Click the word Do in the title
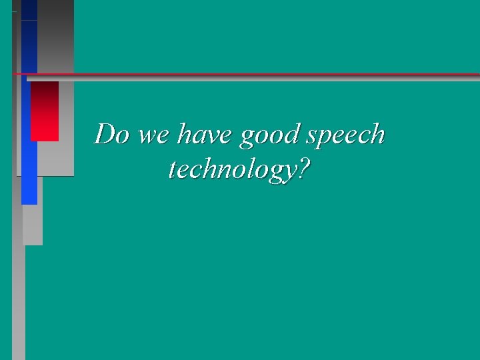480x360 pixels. pos(111,135)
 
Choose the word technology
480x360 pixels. pos(231,171)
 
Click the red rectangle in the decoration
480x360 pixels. pos(45,111)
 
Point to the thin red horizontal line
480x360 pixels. pos(267,73)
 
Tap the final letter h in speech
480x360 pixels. pos(378,135)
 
